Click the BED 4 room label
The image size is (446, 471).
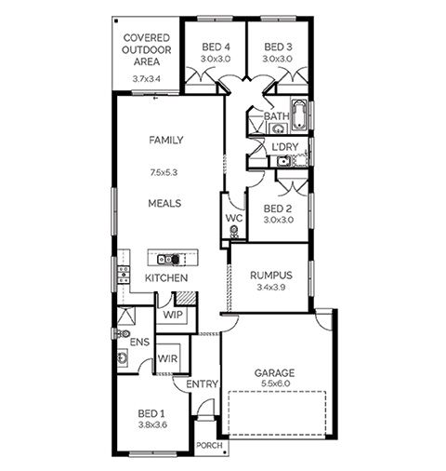[x=216, y=47]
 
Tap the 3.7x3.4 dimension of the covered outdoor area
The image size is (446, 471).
[x=147, y=79]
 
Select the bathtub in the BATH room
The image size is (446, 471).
[x=299, y=114]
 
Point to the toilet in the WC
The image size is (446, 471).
[x=233, y=231]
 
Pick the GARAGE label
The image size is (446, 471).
[x=274, y=372]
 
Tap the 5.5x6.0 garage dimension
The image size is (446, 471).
[x=276, y=384]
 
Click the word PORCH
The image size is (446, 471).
[x=209, y=446]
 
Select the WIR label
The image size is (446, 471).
[x=167, y=358]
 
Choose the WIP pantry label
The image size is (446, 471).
[x=173, y=315]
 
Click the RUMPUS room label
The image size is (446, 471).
[x=271, y=276]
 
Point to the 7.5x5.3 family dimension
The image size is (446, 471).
[x=164, y=172]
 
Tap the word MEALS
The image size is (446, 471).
[x=164, y=204]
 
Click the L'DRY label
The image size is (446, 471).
[x=285, y=147]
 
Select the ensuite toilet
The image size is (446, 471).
[x=122, y=333]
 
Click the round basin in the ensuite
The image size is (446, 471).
[x=122, y=358]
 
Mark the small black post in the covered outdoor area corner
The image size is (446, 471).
[x=116, y=21]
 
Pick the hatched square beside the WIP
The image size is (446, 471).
[x=186, y=298]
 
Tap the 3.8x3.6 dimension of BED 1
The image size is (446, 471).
[x=152, y=424]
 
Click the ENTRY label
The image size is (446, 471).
[x=202, y=384]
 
